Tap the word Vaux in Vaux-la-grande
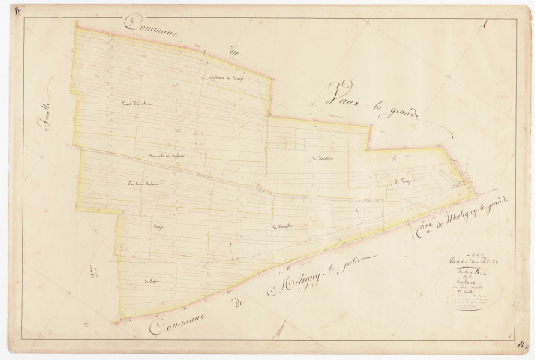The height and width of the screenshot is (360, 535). tap(341, 97)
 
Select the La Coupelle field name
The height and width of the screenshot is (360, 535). tap(281, 226)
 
